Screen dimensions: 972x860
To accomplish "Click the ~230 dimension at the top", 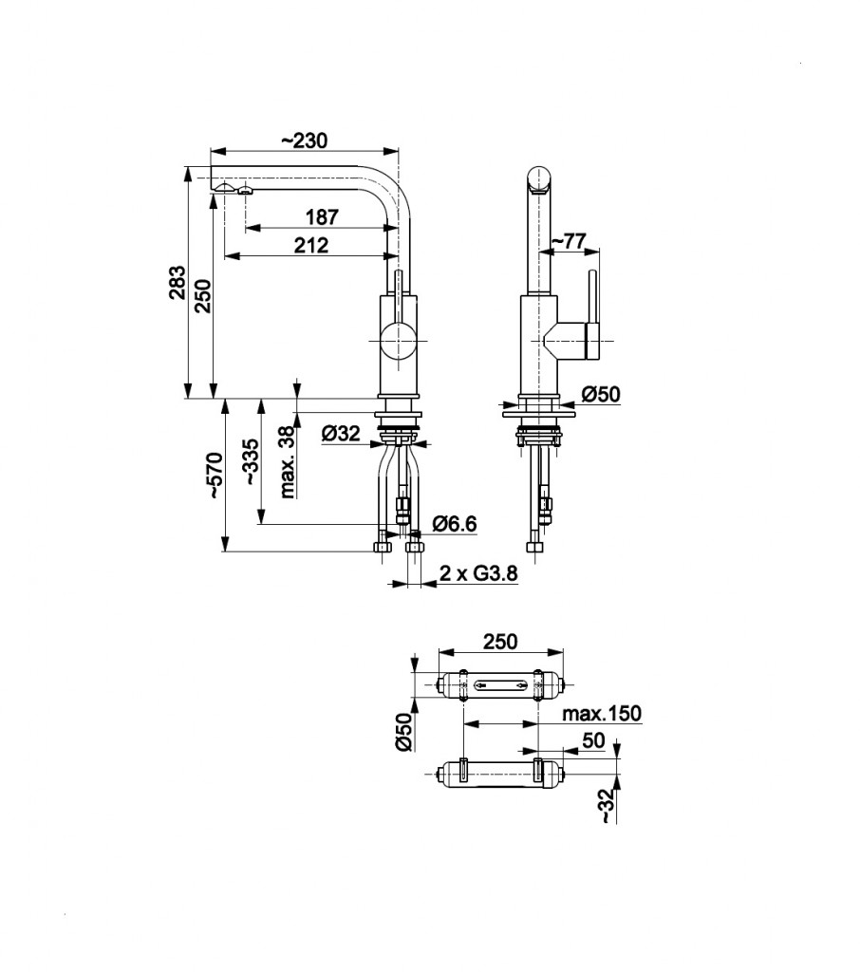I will [x=304, y=140].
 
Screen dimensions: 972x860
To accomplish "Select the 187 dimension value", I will [x=322, y=217].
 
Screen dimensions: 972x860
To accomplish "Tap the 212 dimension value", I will [x=310, y=245].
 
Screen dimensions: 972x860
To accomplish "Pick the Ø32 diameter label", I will [x=341, y=434].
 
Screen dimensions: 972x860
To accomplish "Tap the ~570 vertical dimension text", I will [x=215, y=476].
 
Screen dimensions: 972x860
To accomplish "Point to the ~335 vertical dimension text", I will [x=251, y=462].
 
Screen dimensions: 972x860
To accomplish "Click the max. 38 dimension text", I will [x=287, y=462].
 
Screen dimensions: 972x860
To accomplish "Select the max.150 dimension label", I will [x=601, y=713].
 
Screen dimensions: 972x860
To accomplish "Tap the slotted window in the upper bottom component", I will [x=499, y=684].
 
